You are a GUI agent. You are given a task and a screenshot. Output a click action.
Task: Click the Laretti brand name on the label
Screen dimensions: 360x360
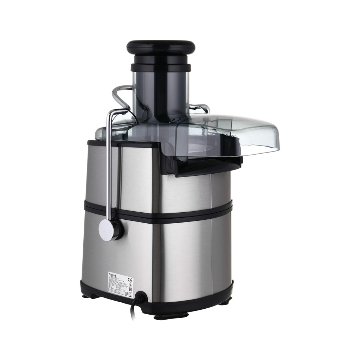coord(112,275)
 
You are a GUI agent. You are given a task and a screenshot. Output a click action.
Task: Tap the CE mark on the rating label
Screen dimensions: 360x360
coord(130,280)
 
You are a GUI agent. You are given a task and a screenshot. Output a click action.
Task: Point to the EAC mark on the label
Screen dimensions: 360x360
coord(131,290)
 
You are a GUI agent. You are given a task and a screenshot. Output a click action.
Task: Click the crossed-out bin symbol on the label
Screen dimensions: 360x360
coord(130,294)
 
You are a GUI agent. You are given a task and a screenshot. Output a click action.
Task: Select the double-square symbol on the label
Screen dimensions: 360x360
coord(127,294)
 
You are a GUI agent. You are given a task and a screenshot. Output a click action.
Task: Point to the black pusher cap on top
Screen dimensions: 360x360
coord(161,47)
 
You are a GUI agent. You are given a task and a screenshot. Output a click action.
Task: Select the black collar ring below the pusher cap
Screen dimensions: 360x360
coord(161,67)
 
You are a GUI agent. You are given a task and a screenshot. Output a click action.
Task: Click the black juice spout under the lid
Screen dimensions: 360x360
coord(200,165)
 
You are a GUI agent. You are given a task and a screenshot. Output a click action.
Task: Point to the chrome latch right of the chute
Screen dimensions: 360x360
coord(200,108)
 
